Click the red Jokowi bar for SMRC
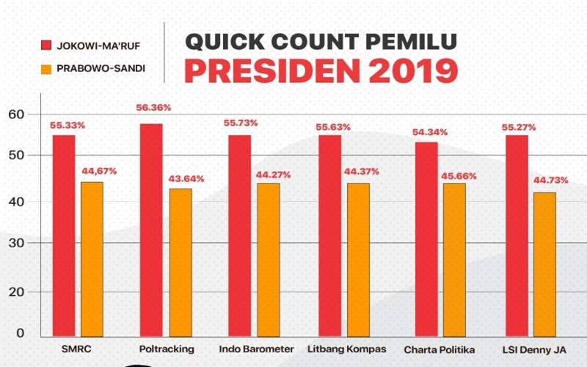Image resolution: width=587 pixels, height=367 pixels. (x=63, y=235)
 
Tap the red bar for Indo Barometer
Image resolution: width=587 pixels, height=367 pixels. (x=239, y=235)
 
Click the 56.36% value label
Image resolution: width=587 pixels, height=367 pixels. (x=153, y=108)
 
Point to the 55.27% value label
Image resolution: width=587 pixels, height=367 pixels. (x=518, y=127)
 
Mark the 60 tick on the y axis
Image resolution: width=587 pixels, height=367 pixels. (x=16, y=114)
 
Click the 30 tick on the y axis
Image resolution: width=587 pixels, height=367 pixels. (x=16, y=242)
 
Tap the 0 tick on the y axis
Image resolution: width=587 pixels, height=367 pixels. (x=20, y=333)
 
